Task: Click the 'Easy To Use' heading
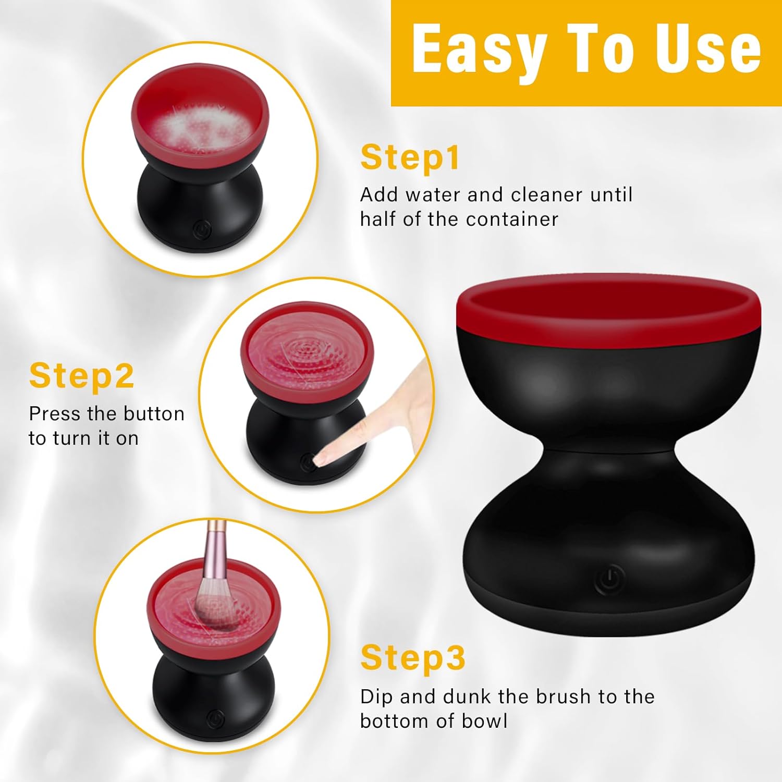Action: tap(586, 50)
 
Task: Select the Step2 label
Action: tap(82, 376)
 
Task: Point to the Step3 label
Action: tap(412, 657)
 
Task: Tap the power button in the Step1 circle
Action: tap(202, 229)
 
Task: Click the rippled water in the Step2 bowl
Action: tap(308, 349)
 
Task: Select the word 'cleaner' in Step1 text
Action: tap(546, 195)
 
